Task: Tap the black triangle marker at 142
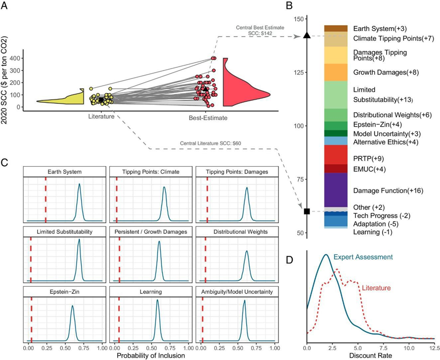pyautogui.click(x=307, y=36)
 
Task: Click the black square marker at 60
pyautogui.click(x=307, y=211)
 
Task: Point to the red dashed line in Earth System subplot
pyautogui.click(x=45, y=198)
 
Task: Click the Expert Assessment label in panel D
pyautogui.click(x=363, y=257)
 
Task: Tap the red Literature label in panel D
pyautogui.click(x=377, y=287)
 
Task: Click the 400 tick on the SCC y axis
pyautogui.click(x=17, y=58)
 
